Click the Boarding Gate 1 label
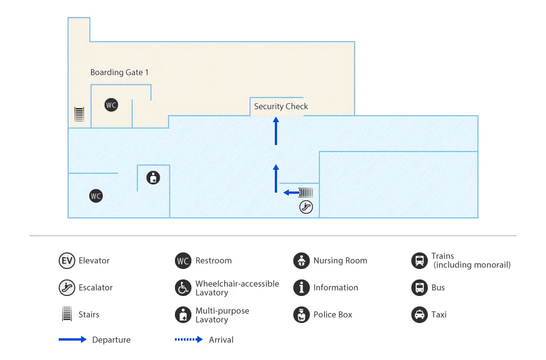click(x=119, y=72)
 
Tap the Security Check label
click(x=281, y=106)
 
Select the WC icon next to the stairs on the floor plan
click(x=111, y=105)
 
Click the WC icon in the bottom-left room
click(x=96, y=196)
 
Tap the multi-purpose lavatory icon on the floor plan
click(x=153, y=177)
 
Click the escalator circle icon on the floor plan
click(x=306, y=206)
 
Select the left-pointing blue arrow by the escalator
click(x=290, y=192)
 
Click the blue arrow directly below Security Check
click(x=276, y=130)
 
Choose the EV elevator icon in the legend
click(x=67, y=261)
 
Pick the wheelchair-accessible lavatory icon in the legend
click(x=183, y=288)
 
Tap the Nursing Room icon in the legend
click(x=301, y=261)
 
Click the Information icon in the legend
click(x=301, y=288)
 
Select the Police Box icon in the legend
click(x=301, y=315)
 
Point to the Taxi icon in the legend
click(x=419, y=315)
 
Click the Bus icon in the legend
click(x=419, y=288)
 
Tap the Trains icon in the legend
click(x=419, y=261)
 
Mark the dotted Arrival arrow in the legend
click(x=188, y=340)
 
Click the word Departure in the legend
click(x=112, y=340)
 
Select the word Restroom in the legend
click(x=214, y=261)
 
